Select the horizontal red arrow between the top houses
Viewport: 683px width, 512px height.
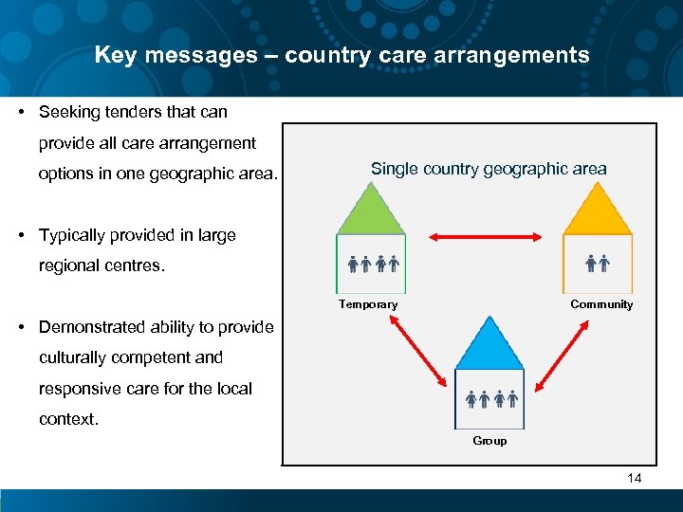pos(484,238)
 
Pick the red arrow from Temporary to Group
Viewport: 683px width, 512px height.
pos(418,351)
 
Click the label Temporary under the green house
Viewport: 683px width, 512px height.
pos(368,304)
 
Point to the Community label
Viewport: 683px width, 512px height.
pos(601,304)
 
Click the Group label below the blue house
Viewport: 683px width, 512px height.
pos(489,441)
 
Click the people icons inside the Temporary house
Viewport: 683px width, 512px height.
pos(372,264)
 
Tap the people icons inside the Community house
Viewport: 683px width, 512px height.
pos(597,264)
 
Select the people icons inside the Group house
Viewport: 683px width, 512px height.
pos(490,399)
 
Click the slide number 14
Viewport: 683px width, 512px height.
pos(635,478)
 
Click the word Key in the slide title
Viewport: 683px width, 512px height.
pos(114,55)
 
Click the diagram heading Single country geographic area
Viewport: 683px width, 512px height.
pos(489,169)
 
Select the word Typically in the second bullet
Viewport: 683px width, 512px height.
pos(72,235)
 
